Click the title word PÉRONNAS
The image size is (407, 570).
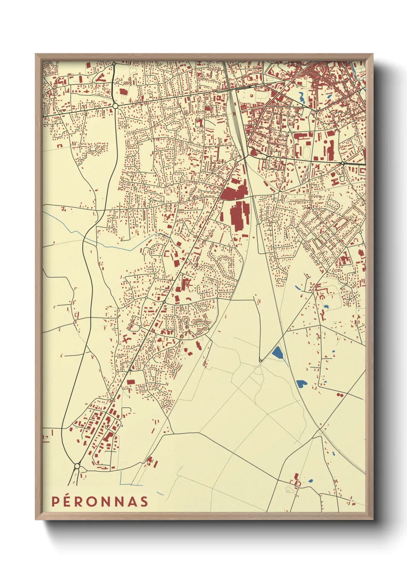100,501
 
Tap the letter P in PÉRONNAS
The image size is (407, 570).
55,501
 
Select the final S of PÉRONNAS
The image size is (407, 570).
144,501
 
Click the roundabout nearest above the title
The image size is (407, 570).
77,466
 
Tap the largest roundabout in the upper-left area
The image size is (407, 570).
115,106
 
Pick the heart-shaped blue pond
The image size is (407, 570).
301,383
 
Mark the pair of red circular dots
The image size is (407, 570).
339,394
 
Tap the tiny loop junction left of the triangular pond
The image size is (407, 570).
260,360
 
